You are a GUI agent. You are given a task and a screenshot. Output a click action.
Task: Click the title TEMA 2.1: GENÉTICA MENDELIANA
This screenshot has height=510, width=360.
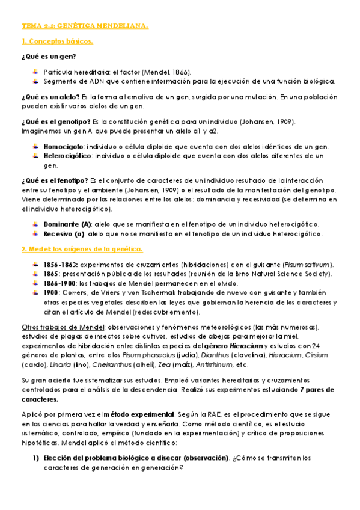pos(85,26)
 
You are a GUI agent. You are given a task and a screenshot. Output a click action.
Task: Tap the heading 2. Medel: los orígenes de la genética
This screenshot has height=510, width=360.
pos(82,249)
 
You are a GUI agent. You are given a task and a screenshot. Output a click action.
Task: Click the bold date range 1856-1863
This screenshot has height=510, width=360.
pos(60,265)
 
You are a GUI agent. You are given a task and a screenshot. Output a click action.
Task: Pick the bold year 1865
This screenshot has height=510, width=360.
pos(52,274)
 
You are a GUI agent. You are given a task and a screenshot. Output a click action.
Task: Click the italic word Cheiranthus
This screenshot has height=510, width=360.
pos(115,364)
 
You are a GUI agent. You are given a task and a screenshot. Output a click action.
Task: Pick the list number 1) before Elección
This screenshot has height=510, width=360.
pos(35,458)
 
